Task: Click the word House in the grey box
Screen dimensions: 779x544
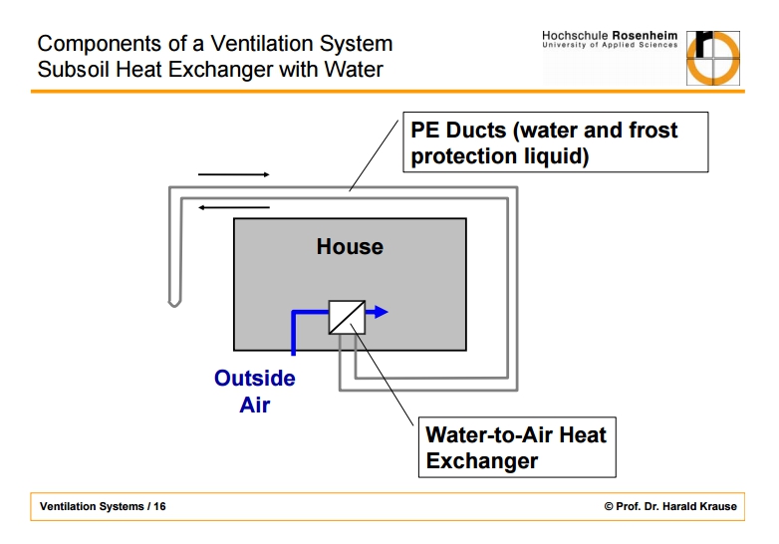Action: pos(350,246)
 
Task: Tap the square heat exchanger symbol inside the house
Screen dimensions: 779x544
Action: pos(347,317)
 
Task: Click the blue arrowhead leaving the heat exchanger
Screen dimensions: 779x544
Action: pos(381,312)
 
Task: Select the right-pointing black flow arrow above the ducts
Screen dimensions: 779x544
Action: pos(233,174)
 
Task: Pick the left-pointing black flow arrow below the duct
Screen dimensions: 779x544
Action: pos(234,207)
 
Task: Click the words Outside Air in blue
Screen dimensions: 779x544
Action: pos(255,391)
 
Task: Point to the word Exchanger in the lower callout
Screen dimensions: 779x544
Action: pos(481,460)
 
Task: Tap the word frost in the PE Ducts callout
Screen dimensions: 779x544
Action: pos(652,131)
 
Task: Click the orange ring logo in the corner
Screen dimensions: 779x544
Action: pos(713,58)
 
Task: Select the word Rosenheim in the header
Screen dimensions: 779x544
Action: pos(645,36)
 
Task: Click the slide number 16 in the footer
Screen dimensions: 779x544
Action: pos(159,506)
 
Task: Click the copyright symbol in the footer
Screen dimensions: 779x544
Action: pos(609,506)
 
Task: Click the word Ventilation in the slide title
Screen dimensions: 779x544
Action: pos(262,43)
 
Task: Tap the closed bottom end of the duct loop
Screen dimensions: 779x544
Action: pos(174,303)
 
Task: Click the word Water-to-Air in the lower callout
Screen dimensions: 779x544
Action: pos(489,434)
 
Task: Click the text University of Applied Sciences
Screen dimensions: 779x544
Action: pos(610,45)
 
